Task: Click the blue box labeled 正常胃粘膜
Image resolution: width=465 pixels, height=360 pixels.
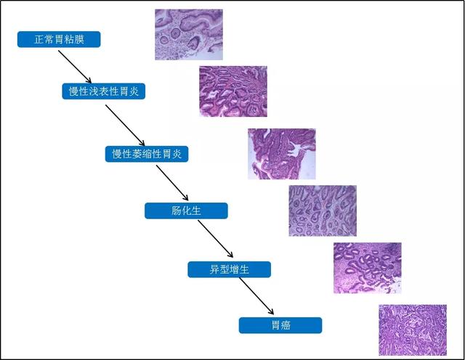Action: (59, 39)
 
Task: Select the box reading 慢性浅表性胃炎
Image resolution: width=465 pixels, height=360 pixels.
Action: (103, 91)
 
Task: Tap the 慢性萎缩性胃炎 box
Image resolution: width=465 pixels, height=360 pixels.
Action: (147, 154)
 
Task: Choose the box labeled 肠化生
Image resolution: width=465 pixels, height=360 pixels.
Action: (186, 211)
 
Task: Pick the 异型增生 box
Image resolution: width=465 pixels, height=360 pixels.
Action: (230, 269)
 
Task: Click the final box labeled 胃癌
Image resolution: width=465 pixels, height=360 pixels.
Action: (280, 325)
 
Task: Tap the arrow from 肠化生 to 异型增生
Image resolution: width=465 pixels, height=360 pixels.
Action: (216, 240)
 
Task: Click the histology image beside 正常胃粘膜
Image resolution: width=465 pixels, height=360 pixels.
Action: (189, 34)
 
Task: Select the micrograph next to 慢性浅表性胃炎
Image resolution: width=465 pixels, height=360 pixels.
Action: (232, 91)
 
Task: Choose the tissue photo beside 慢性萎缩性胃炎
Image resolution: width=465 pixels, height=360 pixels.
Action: (282, 154)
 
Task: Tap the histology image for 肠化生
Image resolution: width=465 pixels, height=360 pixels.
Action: (323, 210)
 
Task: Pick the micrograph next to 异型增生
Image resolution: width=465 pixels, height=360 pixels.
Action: (367, 268)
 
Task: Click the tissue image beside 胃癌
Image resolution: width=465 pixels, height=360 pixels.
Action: (413, 330)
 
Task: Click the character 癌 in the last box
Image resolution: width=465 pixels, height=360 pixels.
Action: (286, 325)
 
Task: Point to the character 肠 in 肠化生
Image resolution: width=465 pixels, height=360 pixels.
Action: (177, 211)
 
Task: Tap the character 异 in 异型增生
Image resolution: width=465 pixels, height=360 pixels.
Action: (215, 269)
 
